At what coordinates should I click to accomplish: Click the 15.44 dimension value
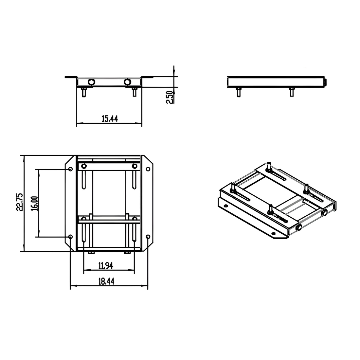pyautogui.click(x=109, y=118)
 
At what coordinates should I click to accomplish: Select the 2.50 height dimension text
pyautogui.click(x=169, y=98)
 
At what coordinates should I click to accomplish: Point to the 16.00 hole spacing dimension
pyautogui.click(x=34, y=204)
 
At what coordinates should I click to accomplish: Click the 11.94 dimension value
pyautogui.click(x=106, y=266)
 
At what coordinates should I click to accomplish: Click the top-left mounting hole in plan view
pyautogui.click(x=70, y=169)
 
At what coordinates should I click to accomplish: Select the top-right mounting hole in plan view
pyautogui.click(x=148, y=169)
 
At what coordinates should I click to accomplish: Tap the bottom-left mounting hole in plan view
pyautogui.click(x=70, y=236)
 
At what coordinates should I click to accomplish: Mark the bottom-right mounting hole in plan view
pyautogui.click(x=148, y=236)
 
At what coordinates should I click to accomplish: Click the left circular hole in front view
pyautogui.click(x=91, y=82)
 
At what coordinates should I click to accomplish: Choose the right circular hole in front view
pyautogui.click(x=127, y=82)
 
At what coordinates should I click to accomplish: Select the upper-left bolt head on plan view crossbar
pyautogui.click(x=84, y=166)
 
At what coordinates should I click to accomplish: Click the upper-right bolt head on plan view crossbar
pyautogui.click(x=134, y=166)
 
